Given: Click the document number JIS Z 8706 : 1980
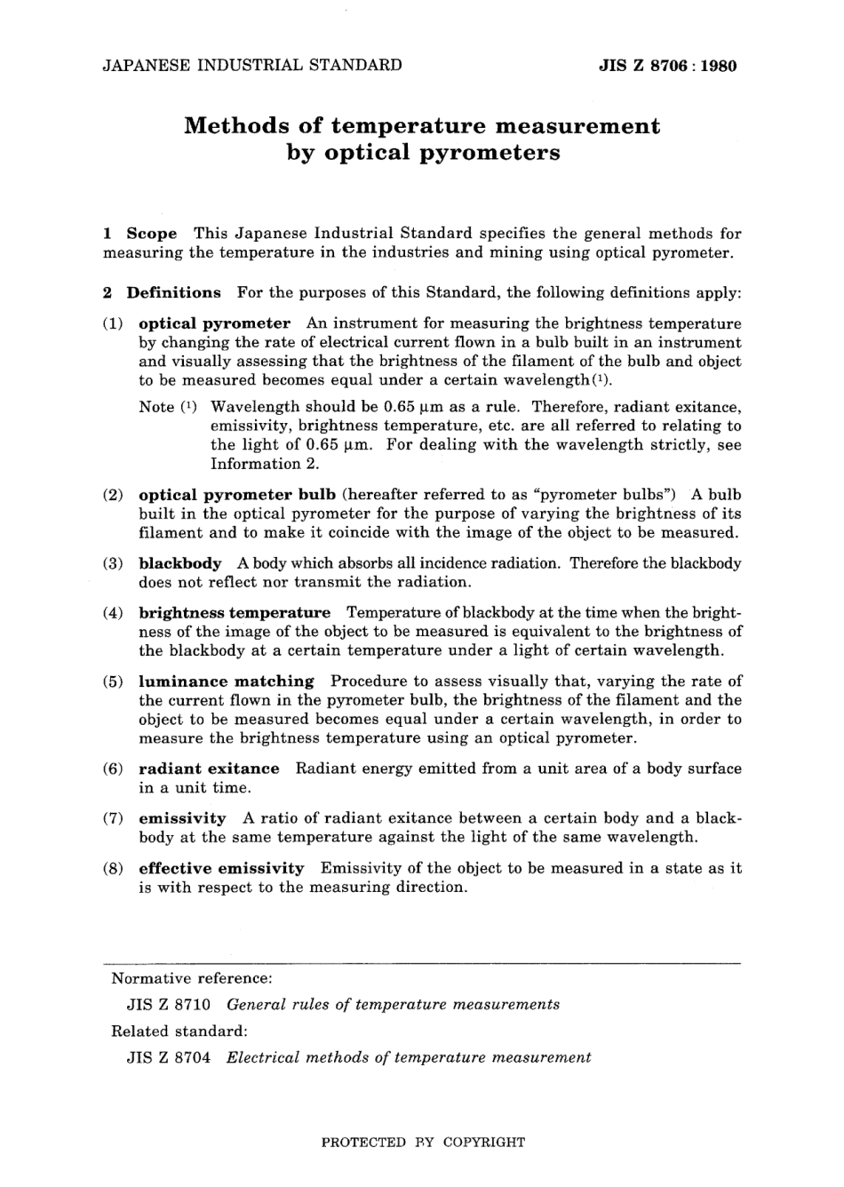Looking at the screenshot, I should pyautogui.click(x=668, y=65).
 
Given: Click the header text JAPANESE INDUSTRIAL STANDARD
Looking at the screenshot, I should pyautogui.click(x=252, y=65).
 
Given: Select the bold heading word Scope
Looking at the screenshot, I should pyautogui.click(x=152, y=234).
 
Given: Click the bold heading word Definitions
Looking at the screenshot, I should pyautogui.click(x=174, y=292).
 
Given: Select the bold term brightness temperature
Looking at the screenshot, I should pyautogui.click(x=235, y=613).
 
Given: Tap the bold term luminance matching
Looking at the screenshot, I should pyautogui.click(x=227, y=681).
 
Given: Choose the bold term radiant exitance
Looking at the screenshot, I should pyautogui.click(x=209, y=769).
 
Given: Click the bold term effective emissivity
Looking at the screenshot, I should pyautogui.click(x=221, y=868).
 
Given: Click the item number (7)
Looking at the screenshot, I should pyautogui.click(x=113, y=818).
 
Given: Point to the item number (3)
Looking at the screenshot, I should pyautogui.click(x=113, y=563).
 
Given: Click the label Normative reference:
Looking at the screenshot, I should pyautogui.click(x=191, y=978).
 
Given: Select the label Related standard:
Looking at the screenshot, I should pyautogui.click(x=179, y=1032).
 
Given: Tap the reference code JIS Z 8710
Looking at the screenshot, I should pyautogui.click(x=169, y=1005).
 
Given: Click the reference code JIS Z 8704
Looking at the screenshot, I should pyautogui.click(x=169, y=1057).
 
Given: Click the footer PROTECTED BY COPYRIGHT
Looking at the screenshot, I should pyautogui.click(x=422, y=1143).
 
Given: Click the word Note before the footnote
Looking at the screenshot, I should pyautogui.click(x=156, y=407).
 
